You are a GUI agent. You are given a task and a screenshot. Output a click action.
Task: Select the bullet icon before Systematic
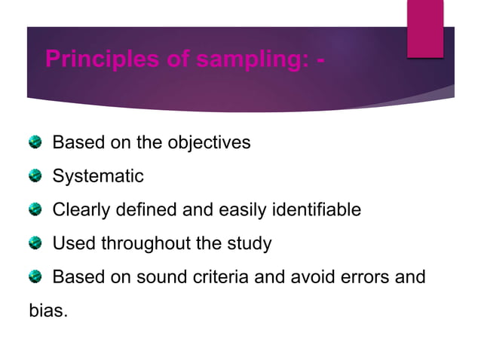point(35,177)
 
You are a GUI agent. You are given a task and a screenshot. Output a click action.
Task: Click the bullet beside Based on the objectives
point(35,142)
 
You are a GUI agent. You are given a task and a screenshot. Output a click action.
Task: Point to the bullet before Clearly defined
point(35,210)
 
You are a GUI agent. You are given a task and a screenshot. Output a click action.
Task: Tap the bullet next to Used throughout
point(35,244)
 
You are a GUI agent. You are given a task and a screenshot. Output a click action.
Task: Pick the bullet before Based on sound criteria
point(35,277)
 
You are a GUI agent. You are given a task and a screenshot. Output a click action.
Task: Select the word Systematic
point(97,177)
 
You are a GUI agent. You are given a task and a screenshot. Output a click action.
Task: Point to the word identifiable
point(313,210)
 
